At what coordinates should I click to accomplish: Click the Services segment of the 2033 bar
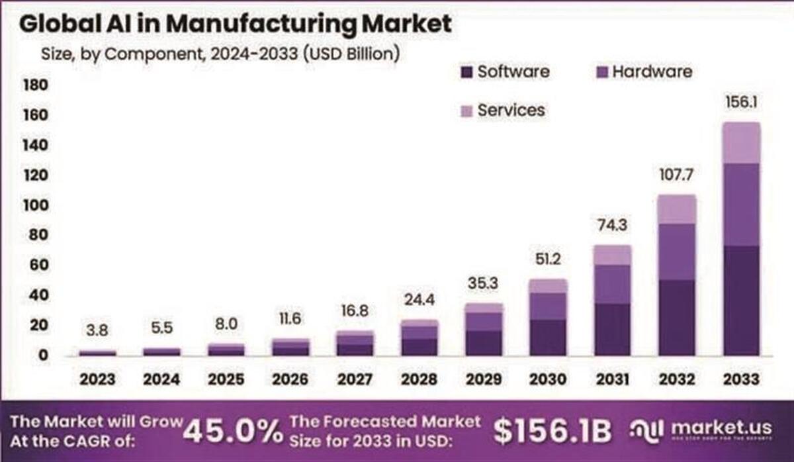tap(741, 142)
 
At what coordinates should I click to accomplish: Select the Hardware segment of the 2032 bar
tap(676, 252)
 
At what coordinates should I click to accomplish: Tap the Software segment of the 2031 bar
tap(612, 329)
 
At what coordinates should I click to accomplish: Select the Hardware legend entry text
tap(651, 71)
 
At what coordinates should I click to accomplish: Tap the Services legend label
tap(511, 110)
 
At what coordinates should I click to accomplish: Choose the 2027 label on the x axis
tap(355, 379)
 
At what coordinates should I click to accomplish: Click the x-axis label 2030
tap(548, 379)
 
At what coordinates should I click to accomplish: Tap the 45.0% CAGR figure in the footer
tap(232, 432)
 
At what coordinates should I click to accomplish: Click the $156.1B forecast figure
tap(552, 432)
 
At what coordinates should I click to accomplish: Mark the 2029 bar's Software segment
tap(484, 343)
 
